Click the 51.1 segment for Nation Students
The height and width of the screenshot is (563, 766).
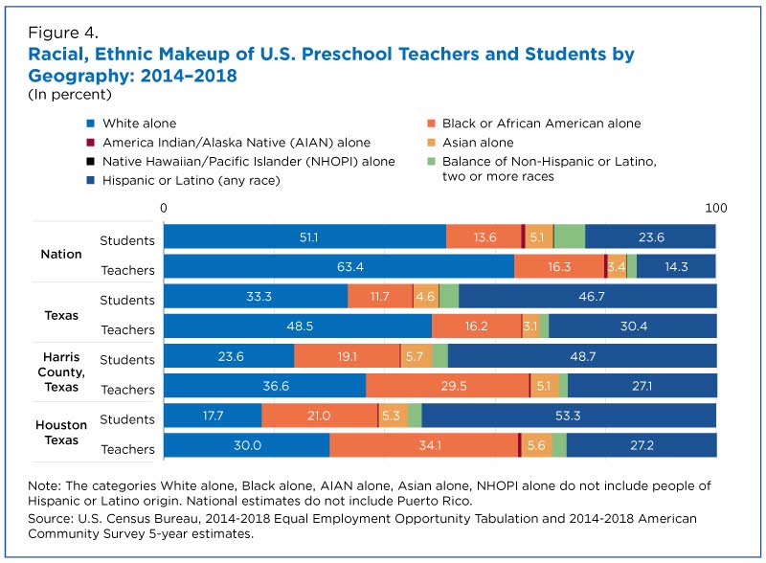(304, 237)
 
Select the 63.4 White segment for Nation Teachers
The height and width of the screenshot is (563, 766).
(339, 267)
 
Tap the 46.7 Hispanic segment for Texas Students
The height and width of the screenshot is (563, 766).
(588, 297)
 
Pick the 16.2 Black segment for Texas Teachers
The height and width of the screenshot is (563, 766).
(476, 327)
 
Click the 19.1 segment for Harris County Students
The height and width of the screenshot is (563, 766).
(347, 356)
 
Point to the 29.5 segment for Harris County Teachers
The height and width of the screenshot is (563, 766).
(447, 386)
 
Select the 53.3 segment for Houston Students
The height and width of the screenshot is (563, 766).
(569, 416)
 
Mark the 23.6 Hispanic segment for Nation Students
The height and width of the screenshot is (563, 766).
(651, 237)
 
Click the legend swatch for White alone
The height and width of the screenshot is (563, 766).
(90, 124)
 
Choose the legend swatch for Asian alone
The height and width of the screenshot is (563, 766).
(431, 143)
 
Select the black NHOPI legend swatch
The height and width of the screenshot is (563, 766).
(90, 162)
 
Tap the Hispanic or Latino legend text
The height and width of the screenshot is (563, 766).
(191, 181)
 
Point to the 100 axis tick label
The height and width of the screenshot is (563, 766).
(715, 208)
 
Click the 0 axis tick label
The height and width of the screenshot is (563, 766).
(163, 208)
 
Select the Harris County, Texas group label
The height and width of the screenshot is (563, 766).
(61, 372)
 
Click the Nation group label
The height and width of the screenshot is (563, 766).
(61, 254)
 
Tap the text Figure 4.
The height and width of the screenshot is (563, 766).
(63, 33)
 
